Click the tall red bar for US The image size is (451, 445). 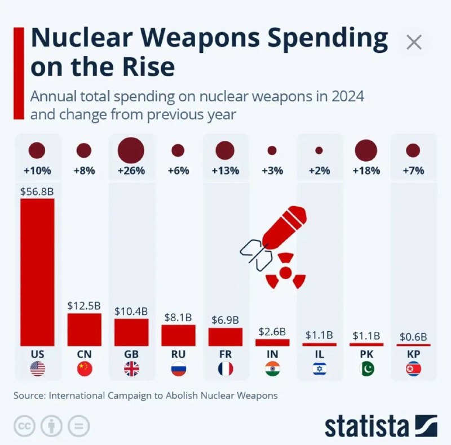tap(37, 272)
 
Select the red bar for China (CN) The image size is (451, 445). tap(84, 330)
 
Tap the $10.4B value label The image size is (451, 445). tap(131, 311)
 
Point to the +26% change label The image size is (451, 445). tap(131, 171)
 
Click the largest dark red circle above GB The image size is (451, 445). tap(131, 150)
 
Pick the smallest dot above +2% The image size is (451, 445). tap(319, 150)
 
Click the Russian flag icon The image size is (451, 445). tap(179, 369)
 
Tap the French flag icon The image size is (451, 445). tap(225, 369)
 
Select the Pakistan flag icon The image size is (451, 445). tap(367, 369)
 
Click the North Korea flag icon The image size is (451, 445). tap(414, 369)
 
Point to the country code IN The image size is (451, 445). tap(272, 354)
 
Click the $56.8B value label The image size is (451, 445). tap(37, 192)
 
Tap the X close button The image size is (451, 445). tap(414, 42)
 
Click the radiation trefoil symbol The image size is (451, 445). tap(285, 271)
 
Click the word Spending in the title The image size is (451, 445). tap(328, 39)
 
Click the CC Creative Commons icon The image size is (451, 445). tap(24, 426)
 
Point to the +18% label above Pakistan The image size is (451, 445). tap(366, 171)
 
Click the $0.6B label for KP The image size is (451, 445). tap(413, 337)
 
